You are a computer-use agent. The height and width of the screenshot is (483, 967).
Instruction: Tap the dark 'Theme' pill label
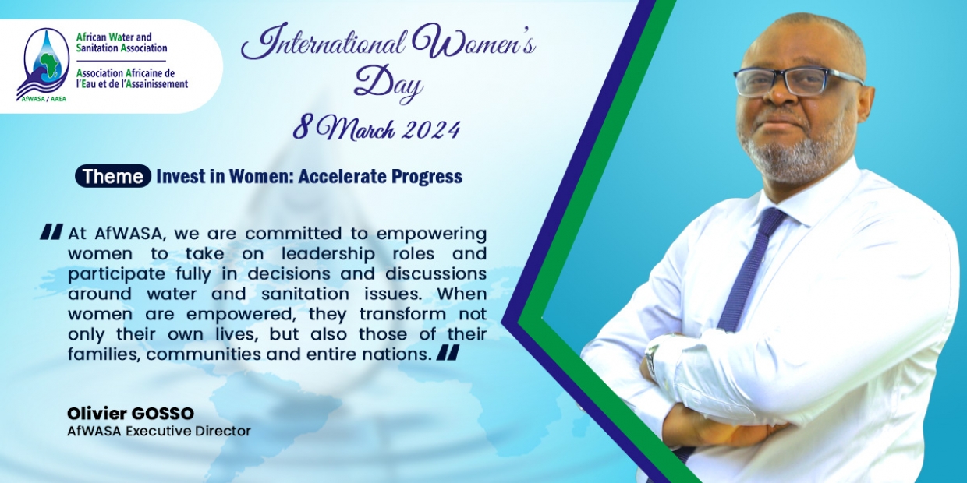click(x=112, y=176)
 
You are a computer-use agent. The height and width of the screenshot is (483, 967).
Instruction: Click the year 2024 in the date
click(x=430, y=129)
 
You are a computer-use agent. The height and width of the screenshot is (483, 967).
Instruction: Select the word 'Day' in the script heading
click(x=388, y=83)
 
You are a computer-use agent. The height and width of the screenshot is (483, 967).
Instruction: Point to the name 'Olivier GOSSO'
click(x=130, y=413)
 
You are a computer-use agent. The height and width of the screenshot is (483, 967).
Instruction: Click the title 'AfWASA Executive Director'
click(x=159, y=431)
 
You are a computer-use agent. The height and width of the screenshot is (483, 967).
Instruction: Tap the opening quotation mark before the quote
click(x=51, y=231)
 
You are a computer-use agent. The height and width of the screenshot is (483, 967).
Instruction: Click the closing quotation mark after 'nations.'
click(x=448, y=352)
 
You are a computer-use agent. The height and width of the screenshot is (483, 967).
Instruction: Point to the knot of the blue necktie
click(x=772, y=218)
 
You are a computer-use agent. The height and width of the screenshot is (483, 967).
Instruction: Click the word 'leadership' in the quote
click(x=328, y=254)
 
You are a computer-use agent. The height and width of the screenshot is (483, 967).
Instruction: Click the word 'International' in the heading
click(x=323, y=43)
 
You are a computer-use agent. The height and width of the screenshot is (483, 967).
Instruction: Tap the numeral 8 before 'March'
click(x=301, y=129)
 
